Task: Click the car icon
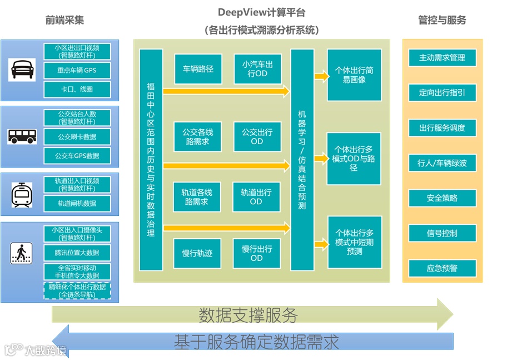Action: tap(22, 70)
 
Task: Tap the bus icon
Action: tap(22, 136)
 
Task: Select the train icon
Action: tap(22, 195)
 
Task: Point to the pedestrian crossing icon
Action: tap(22, 253)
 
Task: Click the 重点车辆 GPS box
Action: tap(77, 71)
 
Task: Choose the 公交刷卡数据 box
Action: tap(77, 137)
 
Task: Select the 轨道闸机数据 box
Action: tap(77, 204)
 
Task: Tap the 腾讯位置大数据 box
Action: tap(77, 253)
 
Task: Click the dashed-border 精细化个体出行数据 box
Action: tap(77, 290)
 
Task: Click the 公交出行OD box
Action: tap(257, 137)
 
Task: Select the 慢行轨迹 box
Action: tap(197, 254)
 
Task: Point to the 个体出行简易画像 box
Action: tap(354, 75)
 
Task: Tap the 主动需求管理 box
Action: tap(442, 58)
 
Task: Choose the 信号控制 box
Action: tap(442, 234)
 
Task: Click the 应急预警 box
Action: tap(442, 269)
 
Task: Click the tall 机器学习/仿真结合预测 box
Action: tap(302, 160)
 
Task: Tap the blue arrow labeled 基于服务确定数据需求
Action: tap(256, 341)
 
